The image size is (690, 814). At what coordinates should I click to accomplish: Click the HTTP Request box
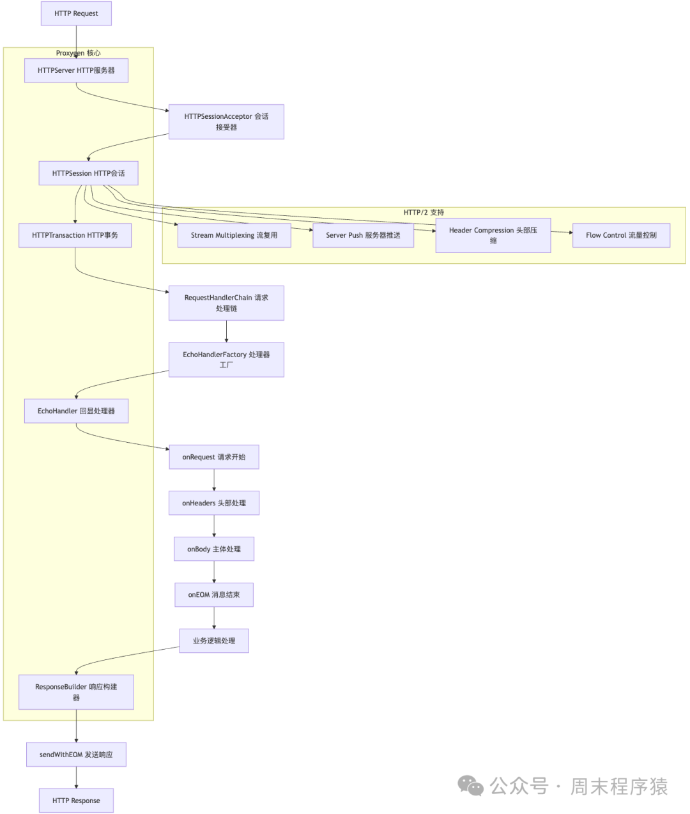[x=76, y=13]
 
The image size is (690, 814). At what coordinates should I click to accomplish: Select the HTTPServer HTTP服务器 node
[x=76, y=70]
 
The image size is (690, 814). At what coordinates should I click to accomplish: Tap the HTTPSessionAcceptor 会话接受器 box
[x=226, y=121]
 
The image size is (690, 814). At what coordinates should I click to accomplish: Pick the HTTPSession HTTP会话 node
[x=88, y=173]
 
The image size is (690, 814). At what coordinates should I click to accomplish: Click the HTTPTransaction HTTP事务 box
[x=75, y=235]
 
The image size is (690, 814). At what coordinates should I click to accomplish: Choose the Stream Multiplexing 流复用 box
[x=234, y=235]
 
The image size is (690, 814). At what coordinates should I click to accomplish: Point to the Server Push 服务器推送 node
[x=363, y=235]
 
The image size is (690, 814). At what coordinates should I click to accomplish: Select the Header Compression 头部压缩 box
[x=493, y=235]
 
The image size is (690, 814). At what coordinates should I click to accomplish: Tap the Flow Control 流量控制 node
[x=621, y=235]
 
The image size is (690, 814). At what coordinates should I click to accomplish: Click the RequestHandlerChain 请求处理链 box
[x=226, y=303]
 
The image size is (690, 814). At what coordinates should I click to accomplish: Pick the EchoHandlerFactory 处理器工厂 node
[x=226, y=359]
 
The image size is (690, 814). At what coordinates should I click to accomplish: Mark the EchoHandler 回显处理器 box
[x=76, y=411]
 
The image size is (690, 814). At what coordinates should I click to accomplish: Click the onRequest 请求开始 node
[x=213, y=457]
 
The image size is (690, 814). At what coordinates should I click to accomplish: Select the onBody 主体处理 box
[x=213, y=549]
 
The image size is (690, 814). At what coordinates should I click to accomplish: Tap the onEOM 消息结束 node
[x=213, y=594]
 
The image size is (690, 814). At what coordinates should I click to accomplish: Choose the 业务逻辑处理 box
[x=213, y=640]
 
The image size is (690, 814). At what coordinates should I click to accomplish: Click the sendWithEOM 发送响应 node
[x=76, y=755]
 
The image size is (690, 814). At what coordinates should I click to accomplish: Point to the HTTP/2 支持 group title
[x=424, y=212]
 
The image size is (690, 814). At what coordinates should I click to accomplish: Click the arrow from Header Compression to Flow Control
[x=562, y=233]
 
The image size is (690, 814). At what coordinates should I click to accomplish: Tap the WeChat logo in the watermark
[x=471, y=786]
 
